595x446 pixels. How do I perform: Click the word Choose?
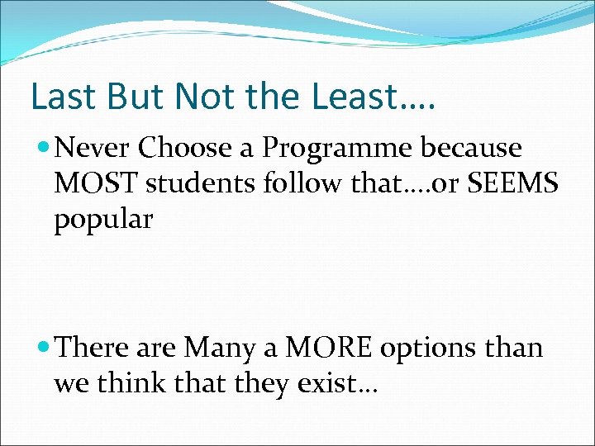tap(186, 148)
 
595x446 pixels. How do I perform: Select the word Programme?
tap(337, 149)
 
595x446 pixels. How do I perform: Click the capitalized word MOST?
tap(96, 184)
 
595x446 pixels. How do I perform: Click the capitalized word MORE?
tap(328, 348)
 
